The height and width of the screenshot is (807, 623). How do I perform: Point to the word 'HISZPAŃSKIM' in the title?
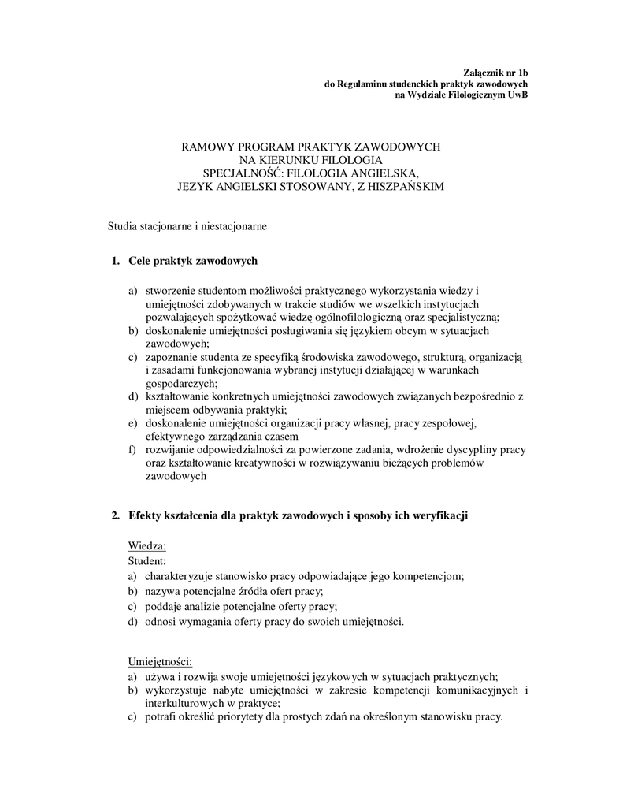(406, 186)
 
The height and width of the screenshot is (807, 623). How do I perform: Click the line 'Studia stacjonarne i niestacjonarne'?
(187, 226)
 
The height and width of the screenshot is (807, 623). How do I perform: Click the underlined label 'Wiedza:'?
(146, 546)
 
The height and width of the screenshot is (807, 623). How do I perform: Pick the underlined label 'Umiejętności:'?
(160, 660)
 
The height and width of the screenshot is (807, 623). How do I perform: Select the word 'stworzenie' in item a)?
(169, 290)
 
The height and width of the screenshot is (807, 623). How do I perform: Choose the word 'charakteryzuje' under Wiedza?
(178, 576)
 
